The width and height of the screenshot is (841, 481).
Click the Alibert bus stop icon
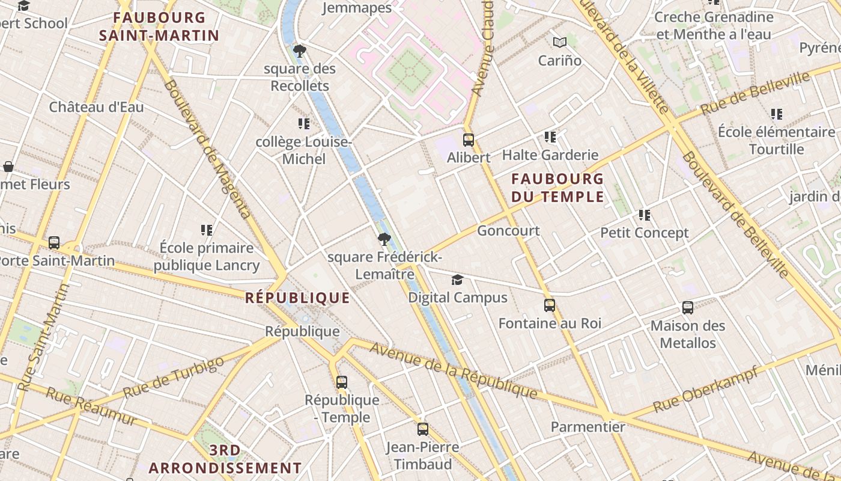click(469, 140)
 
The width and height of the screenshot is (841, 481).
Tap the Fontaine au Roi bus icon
click(550, 305)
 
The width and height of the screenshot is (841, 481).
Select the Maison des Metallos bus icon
click(688, 308)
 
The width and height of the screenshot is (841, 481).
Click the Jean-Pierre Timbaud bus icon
click(423, 429)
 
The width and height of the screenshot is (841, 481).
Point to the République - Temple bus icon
click(342, 382)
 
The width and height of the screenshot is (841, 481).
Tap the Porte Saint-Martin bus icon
click(54, 243)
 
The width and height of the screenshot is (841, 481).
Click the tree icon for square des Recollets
click(299, 51)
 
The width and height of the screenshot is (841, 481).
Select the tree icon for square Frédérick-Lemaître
click(384, 240)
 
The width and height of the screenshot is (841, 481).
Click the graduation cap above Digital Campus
click(458, 280)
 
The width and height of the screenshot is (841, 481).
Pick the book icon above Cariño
click(560, 43)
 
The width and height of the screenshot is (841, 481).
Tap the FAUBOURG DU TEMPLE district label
click(557, 188)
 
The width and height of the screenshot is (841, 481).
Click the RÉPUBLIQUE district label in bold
click(297, 298)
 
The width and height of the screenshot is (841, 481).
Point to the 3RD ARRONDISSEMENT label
click(225, 459)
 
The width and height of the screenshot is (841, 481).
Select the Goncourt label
click(508, 231)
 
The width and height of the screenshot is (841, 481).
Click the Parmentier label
click(588, 427)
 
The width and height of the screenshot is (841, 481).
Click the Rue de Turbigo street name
click(174, 377)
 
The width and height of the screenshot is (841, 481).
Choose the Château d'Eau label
click(96, 108)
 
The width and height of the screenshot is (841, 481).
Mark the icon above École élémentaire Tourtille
click(776, 114)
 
